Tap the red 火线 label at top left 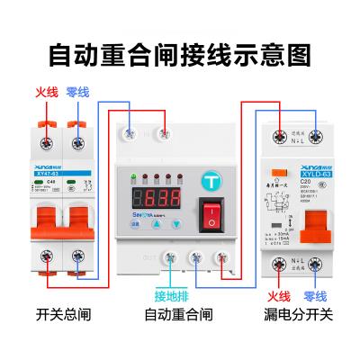tap(45, 93)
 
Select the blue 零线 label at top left tap(80, 93)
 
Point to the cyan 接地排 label tap(173, 294)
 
